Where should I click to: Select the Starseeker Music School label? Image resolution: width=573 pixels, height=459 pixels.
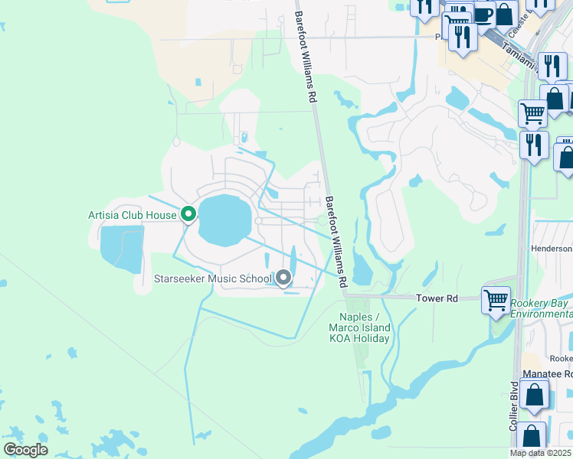[213, 278]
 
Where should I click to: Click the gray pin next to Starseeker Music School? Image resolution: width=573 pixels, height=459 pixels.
[284, 278]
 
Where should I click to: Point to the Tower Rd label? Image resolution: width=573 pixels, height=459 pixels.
[437, 298]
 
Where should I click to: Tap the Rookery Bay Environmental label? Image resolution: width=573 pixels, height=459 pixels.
[542, 308]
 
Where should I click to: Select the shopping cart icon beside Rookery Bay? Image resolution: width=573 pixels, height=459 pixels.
[496, 299]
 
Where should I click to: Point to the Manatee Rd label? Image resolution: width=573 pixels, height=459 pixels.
[547, 373]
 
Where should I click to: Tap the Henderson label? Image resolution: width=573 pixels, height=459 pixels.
[552, 249]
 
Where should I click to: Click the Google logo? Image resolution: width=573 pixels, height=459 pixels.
[25, 450]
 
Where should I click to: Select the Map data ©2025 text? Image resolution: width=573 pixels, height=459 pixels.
[541, 453]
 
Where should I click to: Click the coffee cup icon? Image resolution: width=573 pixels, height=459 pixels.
[482, 15]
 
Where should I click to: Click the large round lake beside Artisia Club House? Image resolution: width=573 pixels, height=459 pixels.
[224, 220]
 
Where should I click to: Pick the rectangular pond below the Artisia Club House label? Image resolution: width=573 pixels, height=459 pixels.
[122, 249]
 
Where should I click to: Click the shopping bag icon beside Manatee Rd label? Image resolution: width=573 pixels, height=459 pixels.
[535, 396]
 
